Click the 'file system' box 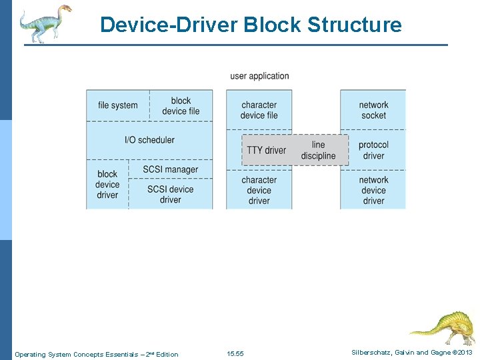click(x=118, y=105)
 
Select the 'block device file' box click(x=181, y=106)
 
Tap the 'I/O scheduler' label click(x=149, y=140)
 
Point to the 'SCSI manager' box click(x=171, y=169)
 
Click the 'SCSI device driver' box click(x=170, y=194)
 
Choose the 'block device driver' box click(x=107, y=185)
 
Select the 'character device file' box click(x=259, y=110)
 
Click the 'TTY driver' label click(x=266, y=150)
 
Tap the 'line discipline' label click(x=319, y=150)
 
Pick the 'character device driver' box click(x=259, y=190)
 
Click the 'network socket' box click(x=373, y=110)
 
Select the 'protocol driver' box click(x=373, y=150)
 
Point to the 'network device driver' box click(x=373, y=190)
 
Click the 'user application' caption click(x=259, y=76)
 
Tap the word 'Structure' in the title click(x=355, y=25)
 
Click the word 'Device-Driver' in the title click(x=169, y=25)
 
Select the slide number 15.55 click(x=235, y=353)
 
